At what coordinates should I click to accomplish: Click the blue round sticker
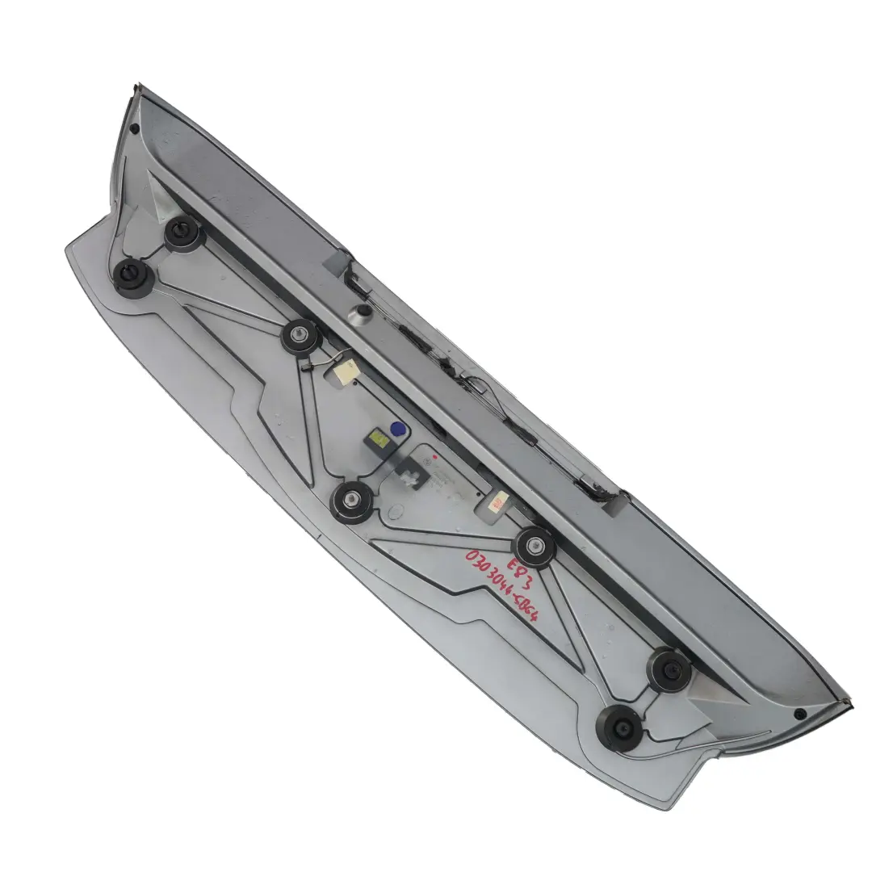point(396,430)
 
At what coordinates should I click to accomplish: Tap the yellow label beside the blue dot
point(377,439)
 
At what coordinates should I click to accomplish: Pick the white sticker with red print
point(493,505)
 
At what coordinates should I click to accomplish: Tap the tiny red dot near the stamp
point(434,457)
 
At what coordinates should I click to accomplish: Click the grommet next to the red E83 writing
point(535,547)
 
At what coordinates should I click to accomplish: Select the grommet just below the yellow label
point(354,502)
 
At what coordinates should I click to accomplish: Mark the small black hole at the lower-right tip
point(799,715)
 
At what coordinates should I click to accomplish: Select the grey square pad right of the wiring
point(613,503)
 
